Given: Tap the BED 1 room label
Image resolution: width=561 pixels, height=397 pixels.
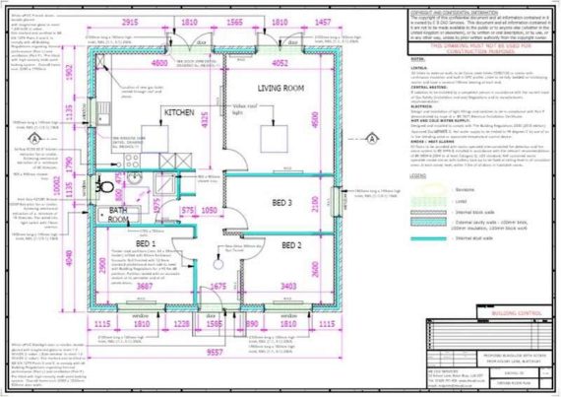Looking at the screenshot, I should [x=147, y=243].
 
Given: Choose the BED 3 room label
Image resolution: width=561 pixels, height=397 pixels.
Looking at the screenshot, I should [x=283, y=201].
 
